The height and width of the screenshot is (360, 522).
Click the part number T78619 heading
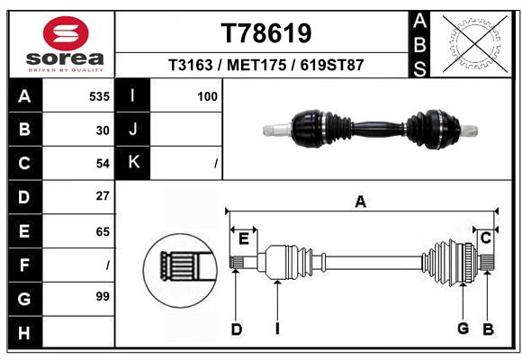pos(266,33)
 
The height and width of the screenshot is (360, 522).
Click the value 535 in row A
pos(99,96)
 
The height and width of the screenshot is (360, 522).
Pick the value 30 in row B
pos(103,130)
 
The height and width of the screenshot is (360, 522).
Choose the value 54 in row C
pos(103,163)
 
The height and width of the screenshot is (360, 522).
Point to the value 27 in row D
pos(103,195)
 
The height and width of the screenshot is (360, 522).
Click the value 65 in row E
pos(103,231)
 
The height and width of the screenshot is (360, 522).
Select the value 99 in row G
pos(103,296)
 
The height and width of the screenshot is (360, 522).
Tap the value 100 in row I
pos(207,96)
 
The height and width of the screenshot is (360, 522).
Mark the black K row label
pos(133,163)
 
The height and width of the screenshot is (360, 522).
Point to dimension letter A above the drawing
pos(360,202)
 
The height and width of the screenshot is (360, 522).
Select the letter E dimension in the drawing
pos(243,238)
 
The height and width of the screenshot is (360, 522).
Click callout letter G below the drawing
pos(463,328)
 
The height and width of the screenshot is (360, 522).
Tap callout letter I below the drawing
pos(277,328)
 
